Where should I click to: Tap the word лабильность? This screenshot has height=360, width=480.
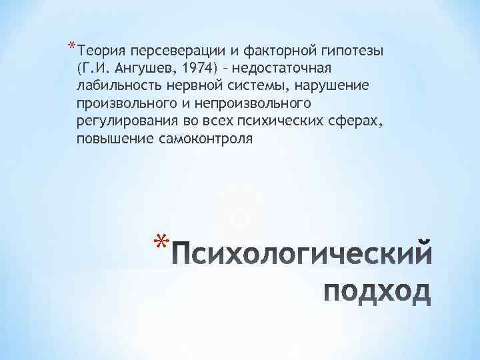(x=113, y=87)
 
